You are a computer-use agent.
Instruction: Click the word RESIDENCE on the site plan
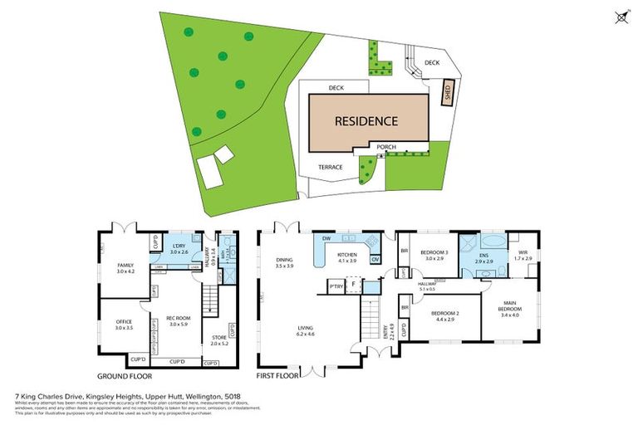tap(366, 121)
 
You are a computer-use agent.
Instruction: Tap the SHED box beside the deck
tap(446, 90)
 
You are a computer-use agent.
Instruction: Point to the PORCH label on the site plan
tap(385, 147)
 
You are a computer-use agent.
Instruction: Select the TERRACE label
tap(331, 167)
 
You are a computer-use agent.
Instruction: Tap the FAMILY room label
tap(125, 267)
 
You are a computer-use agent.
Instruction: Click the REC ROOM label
tap(179, 320)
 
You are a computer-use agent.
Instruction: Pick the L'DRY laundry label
tap(179, 248)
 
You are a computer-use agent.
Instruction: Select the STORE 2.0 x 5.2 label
tap(218, 339)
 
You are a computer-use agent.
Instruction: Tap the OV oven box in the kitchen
tap(375, 259)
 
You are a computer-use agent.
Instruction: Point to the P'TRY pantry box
tap(336, 287)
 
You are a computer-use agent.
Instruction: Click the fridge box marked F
tap(354, 284)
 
